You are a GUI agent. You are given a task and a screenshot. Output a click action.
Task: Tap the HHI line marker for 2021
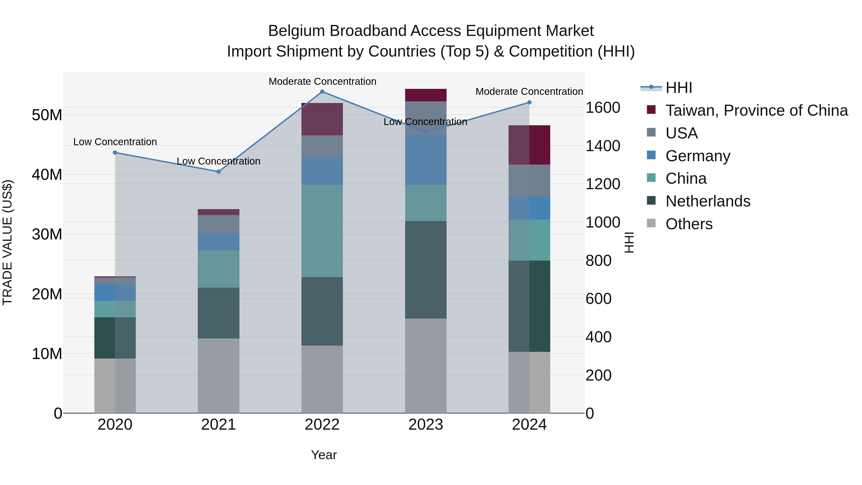(219, 172)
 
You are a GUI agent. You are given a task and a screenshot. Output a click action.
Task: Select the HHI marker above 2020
(115, 153)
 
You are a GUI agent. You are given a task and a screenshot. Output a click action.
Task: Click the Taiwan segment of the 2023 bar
(426, 95)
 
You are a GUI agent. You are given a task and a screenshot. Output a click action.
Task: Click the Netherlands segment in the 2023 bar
(426, 269)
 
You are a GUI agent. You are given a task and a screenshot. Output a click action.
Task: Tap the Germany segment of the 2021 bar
(219, 242)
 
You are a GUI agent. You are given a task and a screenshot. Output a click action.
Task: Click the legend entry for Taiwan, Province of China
(756, 110)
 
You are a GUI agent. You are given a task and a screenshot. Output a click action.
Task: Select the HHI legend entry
(678, 88)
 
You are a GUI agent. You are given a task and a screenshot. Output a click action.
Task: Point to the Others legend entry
(689, 224)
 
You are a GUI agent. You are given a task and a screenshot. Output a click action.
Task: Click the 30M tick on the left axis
(47, 234)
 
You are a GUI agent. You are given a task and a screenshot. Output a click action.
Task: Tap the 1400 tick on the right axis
(603, 146)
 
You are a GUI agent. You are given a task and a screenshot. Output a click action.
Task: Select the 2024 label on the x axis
(529, 425)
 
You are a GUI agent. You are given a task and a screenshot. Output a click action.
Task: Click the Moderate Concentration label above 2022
(322, 81)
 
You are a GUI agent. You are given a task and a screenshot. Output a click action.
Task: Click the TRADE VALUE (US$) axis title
(7, 242)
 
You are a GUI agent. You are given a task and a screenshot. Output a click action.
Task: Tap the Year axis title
(323, 455)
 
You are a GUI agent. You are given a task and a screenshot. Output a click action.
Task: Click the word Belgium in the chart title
(296, 31)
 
